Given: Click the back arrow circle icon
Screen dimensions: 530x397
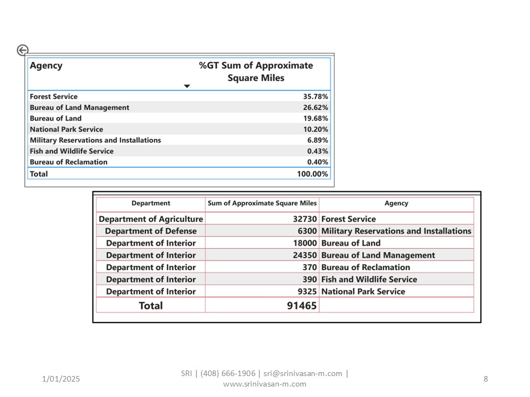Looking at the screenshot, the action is click(23, 50).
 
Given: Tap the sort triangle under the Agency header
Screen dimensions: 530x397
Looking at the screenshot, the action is click(187, 86).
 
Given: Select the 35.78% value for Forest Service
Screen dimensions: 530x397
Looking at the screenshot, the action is click(315, 96).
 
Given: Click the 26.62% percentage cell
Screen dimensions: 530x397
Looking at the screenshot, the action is click(315, 108).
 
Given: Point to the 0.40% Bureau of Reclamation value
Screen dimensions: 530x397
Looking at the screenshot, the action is click(317, 162).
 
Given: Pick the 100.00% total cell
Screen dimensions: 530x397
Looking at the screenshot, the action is click(312, 174).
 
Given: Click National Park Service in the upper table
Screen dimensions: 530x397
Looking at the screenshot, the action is click(66, 129).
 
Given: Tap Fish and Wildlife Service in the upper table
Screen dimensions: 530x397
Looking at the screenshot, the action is click(72, 151).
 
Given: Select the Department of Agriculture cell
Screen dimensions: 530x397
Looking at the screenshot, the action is click(151, 219).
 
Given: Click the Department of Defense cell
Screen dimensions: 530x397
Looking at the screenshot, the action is click(151, 231).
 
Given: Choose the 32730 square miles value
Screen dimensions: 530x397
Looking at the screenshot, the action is click(305, 219).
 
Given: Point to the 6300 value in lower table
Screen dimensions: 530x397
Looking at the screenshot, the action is click(307, 231).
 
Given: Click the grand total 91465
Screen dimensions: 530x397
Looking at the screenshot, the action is click(301, 305).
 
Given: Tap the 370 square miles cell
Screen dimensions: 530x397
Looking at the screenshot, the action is click(309, 267).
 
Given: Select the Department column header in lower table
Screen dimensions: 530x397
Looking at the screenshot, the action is click(151, 203).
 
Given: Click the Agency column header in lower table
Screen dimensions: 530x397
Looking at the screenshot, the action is click(396, 203).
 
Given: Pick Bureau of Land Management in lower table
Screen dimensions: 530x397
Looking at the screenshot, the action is click(378, 255).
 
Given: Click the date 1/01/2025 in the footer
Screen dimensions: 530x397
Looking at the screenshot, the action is click(61, 379).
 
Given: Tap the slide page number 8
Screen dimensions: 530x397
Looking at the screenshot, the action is click(486, 379).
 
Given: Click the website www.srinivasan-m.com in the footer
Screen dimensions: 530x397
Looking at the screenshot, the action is click(264, 384).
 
